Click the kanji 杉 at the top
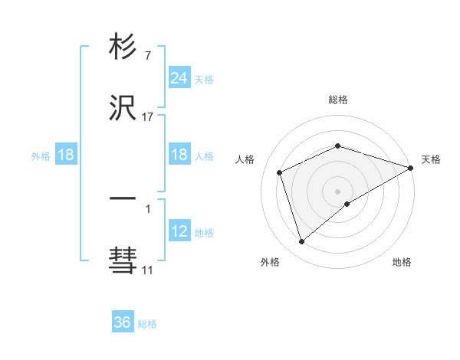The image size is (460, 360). [123, 48]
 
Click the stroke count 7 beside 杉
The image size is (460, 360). [147, 56]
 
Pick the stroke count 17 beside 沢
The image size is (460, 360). [148, 117]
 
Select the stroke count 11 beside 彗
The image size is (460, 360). [147, 270]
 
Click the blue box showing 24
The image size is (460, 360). [179, 77]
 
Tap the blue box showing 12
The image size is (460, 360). [179, 231]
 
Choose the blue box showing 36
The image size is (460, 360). [123, 322]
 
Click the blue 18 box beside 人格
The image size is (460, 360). [179, 155]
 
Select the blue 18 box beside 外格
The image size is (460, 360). [66, 155]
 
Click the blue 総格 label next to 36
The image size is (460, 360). [147, 324]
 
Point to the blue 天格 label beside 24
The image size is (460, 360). [204, 79]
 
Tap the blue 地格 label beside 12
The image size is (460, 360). [204, 233]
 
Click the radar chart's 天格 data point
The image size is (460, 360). [410, 168]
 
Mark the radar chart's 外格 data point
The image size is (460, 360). [301, 242]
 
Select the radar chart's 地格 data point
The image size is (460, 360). [347, 204]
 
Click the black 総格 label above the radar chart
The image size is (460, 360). [338, 100]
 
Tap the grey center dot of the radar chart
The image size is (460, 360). [338, 191]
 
